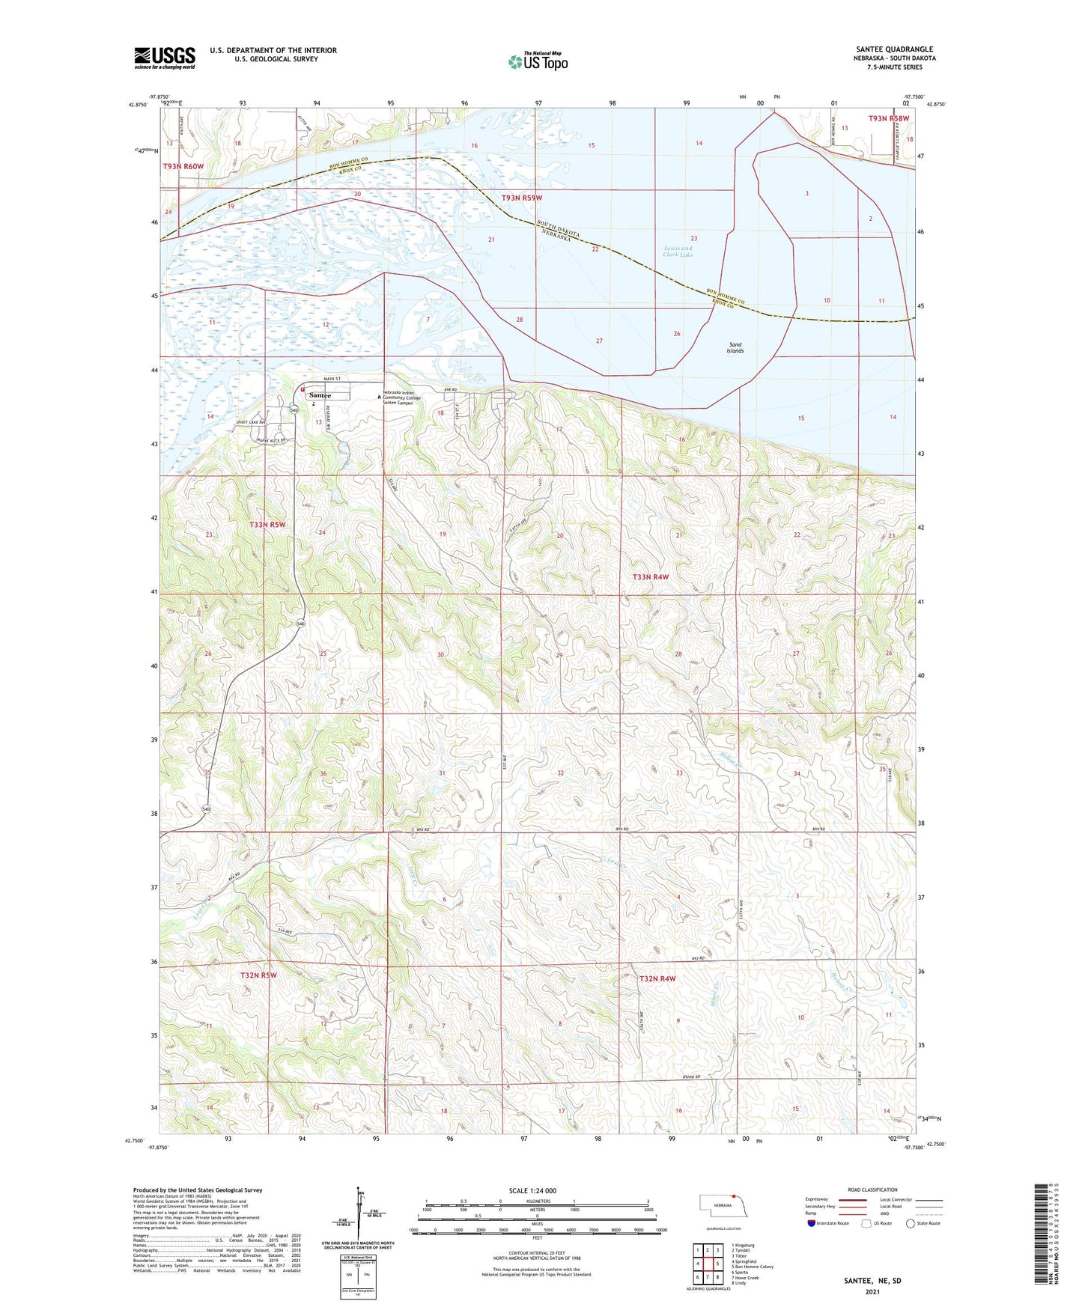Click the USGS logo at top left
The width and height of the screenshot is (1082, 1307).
pos(164,57)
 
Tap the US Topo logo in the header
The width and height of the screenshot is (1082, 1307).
pos(538,61)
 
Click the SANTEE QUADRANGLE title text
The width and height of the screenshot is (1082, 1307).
pos(893,49)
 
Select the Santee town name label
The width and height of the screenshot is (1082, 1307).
pos(320,395)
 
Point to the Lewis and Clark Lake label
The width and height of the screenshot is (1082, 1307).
pos(678,252)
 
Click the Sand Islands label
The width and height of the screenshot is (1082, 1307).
pos(735,348)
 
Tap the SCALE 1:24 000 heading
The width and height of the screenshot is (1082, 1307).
pos(532,1190)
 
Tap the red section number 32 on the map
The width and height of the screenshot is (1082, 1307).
pos(560,773)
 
